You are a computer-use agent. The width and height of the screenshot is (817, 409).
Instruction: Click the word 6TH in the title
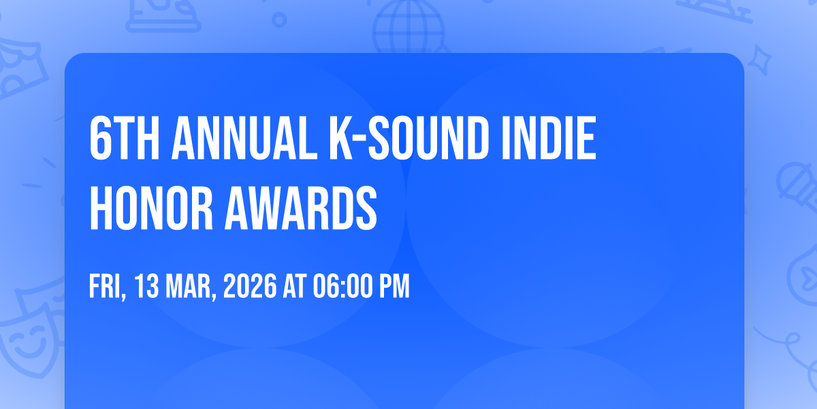(x=125, y=138)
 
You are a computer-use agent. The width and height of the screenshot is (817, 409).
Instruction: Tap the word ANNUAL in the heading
(x=244, y=138)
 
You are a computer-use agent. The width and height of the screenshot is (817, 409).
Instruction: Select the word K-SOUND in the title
(x=409, y=138)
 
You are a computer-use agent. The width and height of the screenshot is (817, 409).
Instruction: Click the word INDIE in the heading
(x=549, y=138)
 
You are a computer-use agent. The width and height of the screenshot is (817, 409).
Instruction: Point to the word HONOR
(x=151, y=208)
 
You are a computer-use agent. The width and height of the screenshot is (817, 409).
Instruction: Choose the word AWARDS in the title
(x=301, y=208)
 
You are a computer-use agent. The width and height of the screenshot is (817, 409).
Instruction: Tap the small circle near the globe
(x=279, y=20)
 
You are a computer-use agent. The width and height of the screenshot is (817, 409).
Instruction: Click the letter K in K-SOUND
(x=341, y=138)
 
